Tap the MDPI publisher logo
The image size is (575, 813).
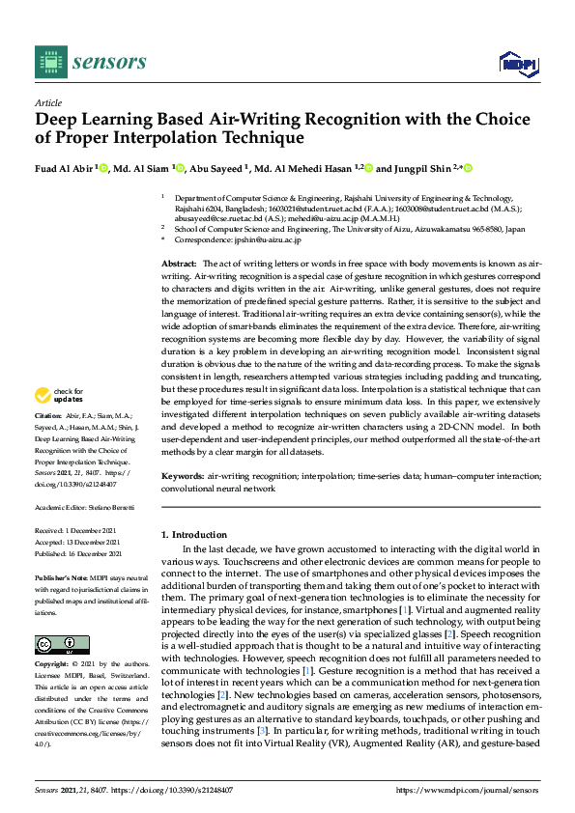tap(516, 63)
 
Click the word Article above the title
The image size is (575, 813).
tap(47, 102)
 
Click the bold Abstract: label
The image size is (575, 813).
tap(179, 264)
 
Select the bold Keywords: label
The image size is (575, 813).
tap(182, 477)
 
